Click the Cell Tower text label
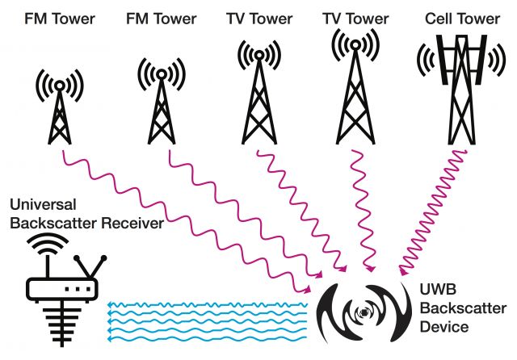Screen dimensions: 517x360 tap(462, 19)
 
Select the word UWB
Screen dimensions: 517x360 tap(438, 289)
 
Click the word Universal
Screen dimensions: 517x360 tap(43, 204)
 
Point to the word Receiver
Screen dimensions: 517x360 tap(132, 223)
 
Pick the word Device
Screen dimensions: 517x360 tap(444, 327)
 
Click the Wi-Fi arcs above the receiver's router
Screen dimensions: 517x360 tap(48, 244)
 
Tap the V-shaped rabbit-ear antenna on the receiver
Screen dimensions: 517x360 tap(90, 267)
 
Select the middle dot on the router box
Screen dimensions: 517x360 tap(78, 289)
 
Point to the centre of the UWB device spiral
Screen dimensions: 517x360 tap(364, 312)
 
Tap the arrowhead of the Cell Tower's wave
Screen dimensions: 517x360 tap(402, 271)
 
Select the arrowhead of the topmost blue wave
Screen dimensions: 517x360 tap(110, 304)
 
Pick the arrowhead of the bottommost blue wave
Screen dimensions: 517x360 tap(110, 338)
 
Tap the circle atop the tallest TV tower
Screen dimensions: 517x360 tap(355, 44)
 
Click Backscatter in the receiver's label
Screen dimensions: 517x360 tap(53, 223)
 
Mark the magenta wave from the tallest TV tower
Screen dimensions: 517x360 tap(364, 211)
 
